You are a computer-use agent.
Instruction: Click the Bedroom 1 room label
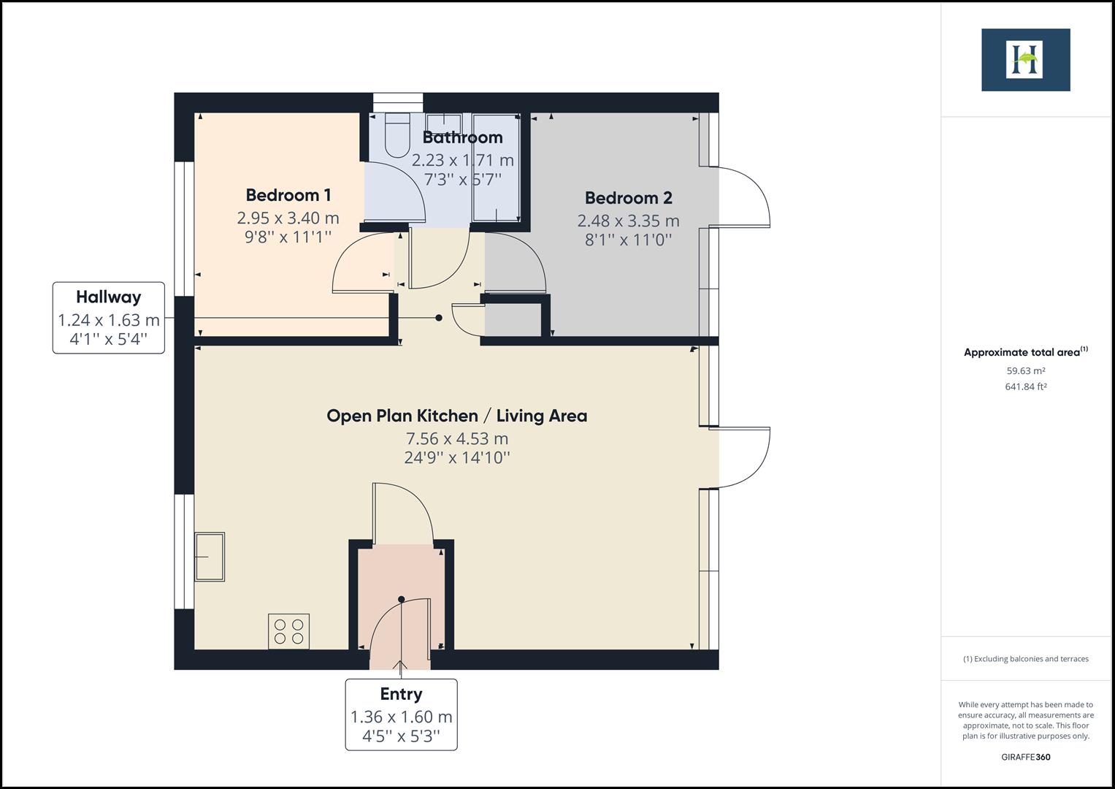(x=288, y=195)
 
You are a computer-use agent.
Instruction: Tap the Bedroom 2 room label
(x=628, y=198)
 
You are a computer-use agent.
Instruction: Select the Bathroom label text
(x=462, y=137)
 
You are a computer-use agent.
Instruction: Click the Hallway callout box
(x=109, y=318)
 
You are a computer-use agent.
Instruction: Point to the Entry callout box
(x=401, y=714)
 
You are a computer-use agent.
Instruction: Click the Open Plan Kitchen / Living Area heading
(x=456, y=416)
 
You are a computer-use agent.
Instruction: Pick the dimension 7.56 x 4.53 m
(x=456, y=439)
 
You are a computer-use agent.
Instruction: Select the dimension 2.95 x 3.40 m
(x=288, y=218)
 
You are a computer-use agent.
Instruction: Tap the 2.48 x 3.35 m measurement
(x=628, y=221)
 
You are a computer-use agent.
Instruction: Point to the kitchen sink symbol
(x=210, y=557)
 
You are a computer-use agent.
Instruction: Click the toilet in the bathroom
(x=398, y=136)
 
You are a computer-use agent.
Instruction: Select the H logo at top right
(x=1025, y=60)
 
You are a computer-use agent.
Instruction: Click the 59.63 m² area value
(x=1025, y=370)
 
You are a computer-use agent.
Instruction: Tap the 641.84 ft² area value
(x=1025, y=387)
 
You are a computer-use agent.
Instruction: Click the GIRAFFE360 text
(x=1025, y=757)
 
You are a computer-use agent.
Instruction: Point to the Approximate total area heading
(x=1025, y=352)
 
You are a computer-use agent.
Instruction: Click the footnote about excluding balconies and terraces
(x=1025, y=659)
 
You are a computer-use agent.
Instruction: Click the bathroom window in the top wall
(x=398, y=102)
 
